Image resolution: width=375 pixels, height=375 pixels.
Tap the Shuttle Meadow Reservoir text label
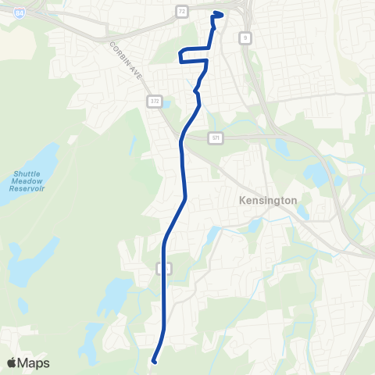(28, 181)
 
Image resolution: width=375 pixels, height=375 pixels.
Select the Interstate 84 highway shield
(18, 13)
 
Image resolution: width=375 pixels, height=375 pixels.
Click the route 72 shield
(181, 12)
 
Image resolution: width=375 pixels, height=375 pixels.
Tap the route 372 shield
(154, 102)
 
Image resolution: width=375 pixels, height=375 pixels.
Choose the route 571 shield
(215, 137)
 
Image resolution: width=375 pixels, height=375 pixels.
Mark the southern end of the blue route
(154, 361)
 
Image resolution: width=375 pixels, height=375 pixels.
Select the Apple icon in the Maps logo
(12, 362)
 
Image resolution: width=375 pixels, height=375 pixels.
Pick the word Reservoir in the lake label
(28, 189)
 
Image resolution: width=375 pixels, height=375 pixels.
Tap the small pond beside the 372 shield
(165, 105)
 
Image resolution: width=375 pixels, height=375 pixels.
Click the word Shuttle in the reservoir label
(28, 173)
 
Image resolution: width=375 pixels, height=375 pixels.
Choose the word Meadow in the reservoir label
(28, 181)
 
